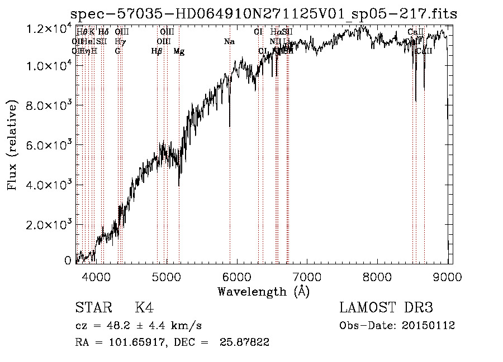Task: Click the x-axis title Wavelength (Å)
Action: point(263,291)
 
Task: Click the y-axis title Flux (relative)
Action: point(12,145)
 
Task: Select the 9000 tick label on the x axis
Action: point(448,277)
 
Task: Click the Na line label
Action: point(229,42)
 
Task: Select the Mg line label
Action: point(179,51)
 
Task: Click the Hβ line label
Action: point(157,51)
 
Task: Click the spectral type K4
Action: point(144,308)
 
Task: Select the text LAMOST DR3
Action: point(386,308)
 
